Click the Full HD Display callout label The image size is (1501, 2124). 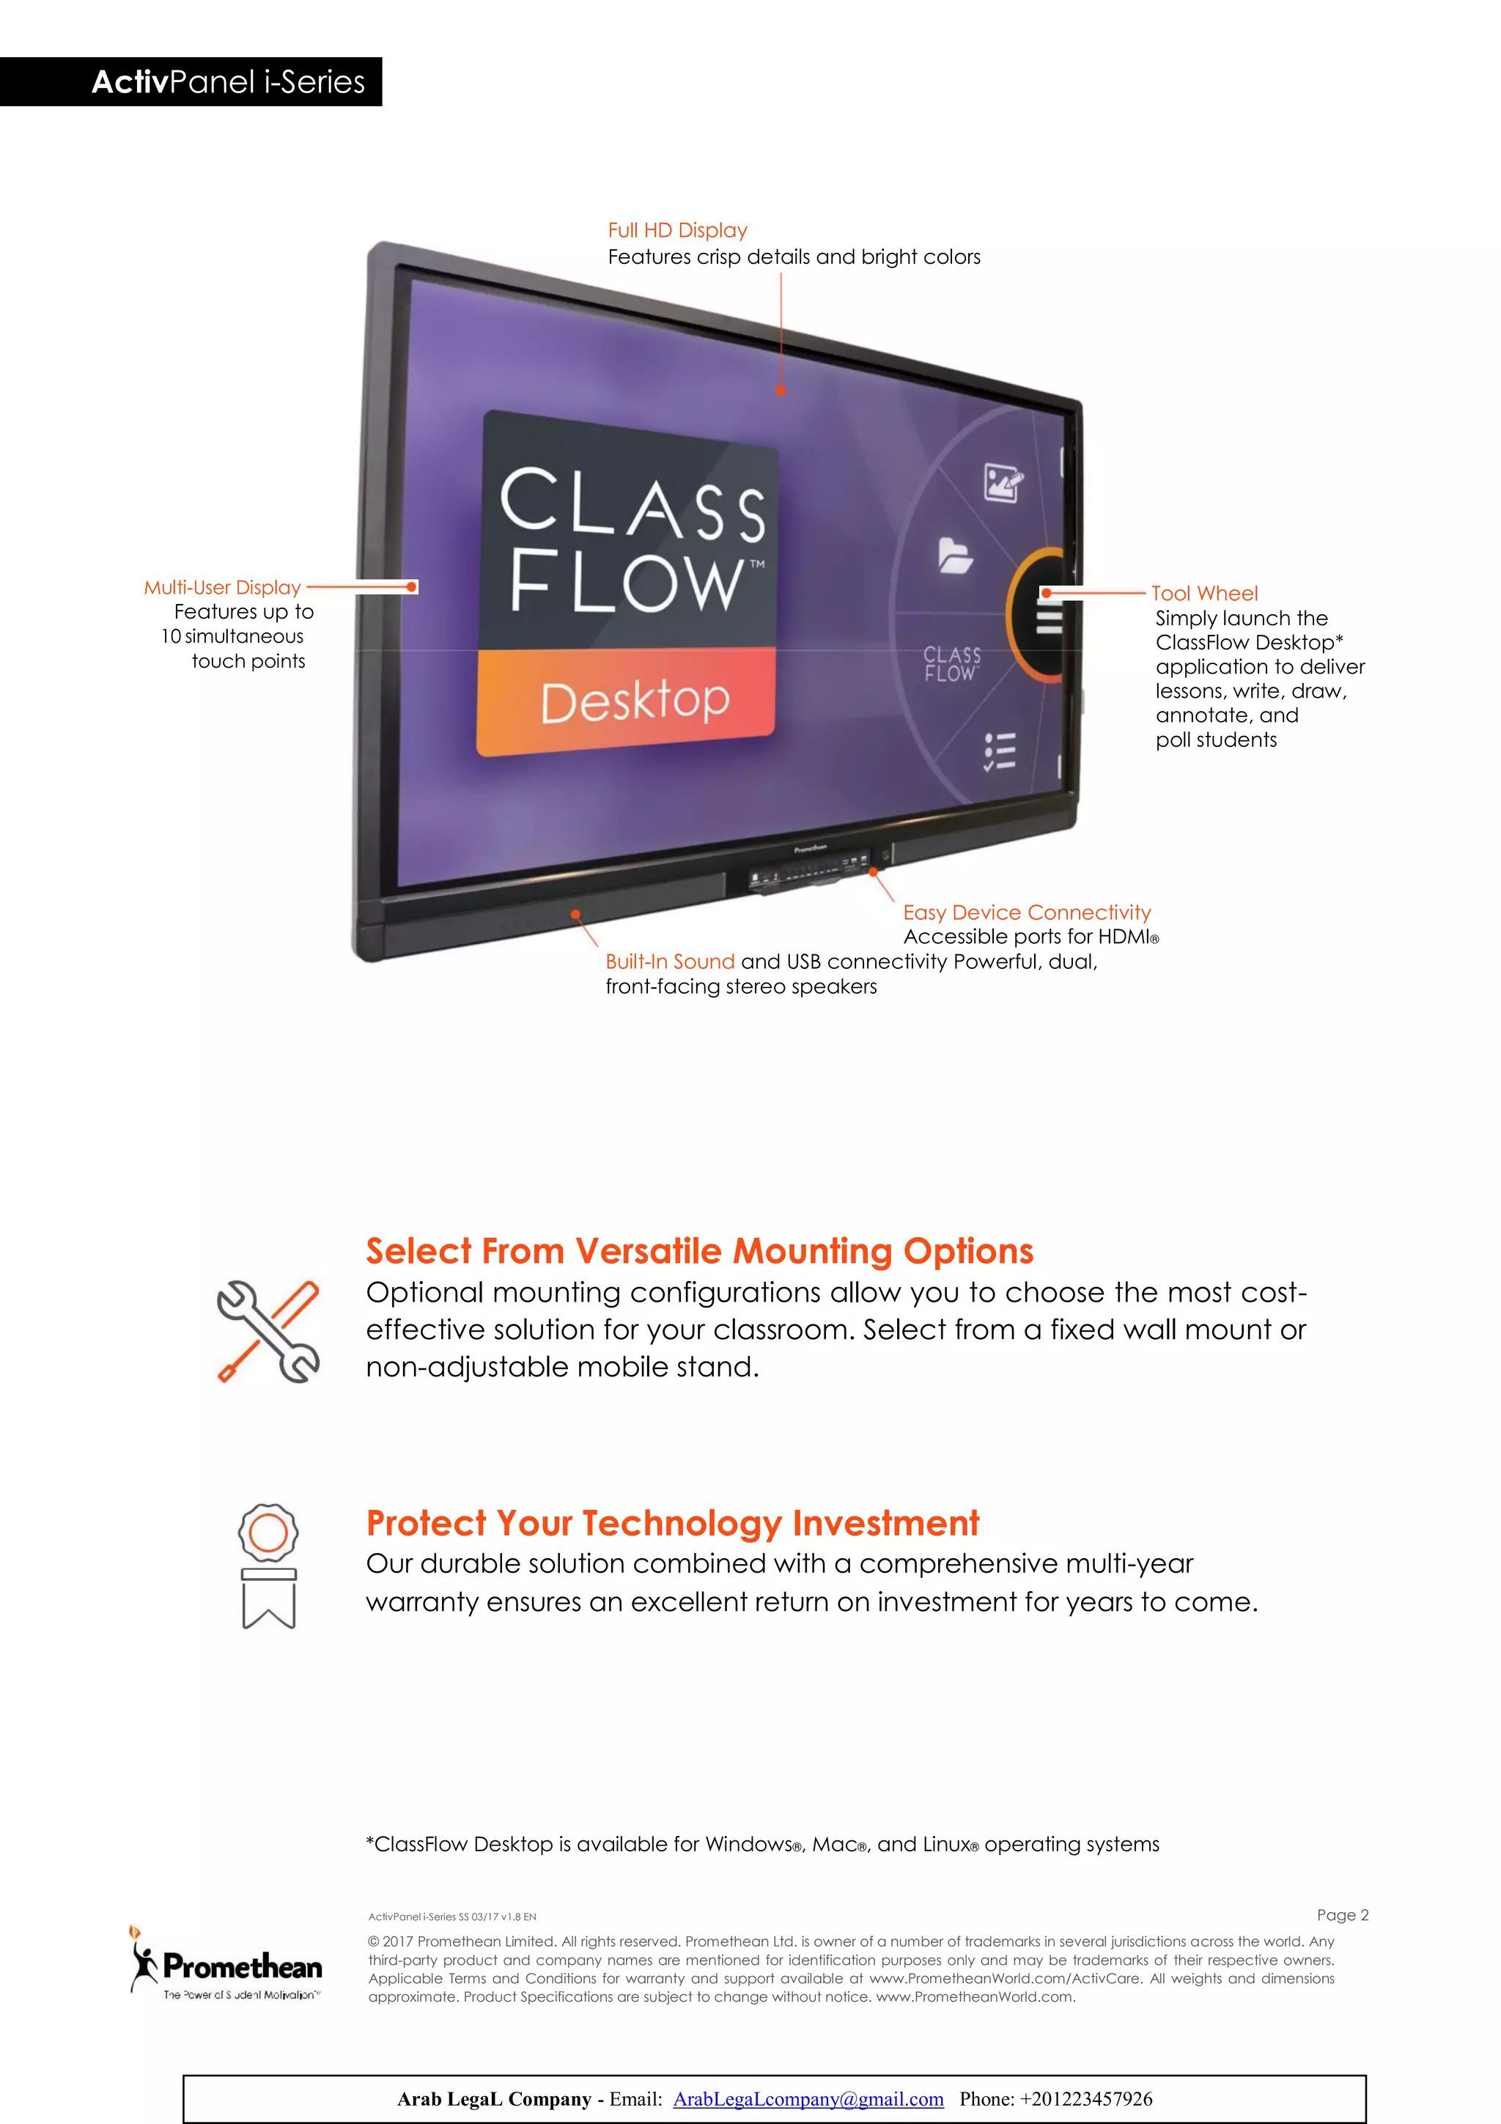[677, 230]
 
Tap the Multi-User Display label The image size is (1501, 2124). [222, 587]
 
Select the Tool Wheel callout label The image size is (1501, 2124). [1203, 594]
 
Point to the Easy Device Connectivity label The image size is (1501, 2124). [1027, 912]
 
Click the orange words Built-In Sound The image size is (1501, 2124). [670, 962]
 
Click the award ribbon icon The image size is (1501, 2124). [268, 1566]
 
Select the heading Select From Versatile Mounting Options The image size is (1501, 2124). [699, 1250]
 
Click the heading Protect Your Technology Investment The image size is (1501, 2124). [672, 1523]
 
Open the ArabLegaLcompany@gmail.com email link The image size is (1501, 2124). [808, 2099]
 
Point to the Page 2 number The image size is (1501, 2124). [1342, 1915]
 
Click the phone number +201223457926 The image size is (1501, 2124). [1085, 2099]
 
